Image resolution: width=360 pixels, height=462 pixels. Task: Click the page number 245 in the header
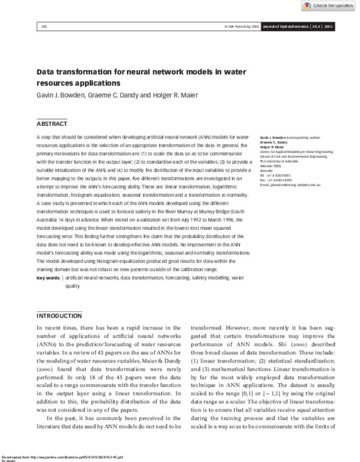pyautogui.click(x=44, y=27)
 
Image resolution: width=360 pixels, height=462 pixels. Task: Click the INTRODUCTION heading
pyautogui.click(x=59, y=316)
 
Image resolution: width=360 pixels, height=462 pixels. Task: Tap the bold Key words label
pyautogui.click(x=48, y=278)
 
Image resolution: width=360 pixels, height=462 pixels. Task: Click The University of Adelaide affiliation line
pyautogui.click(x=280, y=158)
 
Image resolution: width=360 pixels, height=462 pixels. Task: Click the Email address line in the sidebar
pyautogui.click(x=290, y=184)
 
